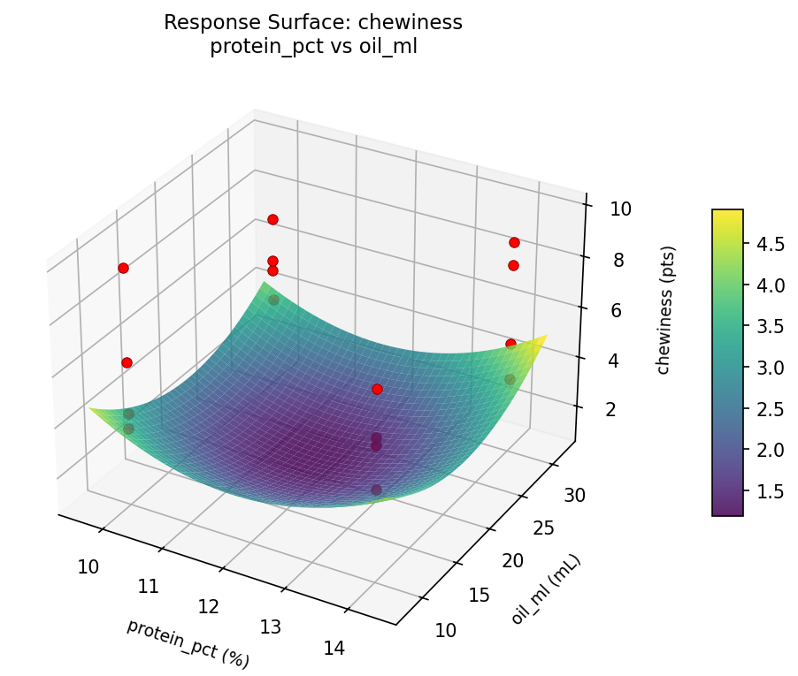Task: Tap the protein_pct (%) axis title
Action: (188, 642)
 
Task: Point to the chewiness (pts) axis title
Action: (663, 309)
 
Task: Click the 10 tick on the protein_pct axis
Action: (88, 566)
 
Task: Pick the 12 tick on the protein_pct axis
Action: (209, 607)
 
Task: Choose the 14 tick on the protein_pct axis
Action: (334, 648)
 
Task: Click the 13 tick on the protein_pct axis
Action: (271, 627)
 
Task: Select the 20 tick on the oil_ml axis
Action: (537, 561)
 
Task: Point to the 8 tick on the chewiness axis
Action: (619, 260)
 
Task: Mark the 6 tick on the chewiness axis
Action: (621, 310)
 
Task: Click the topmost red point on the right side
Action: (514, 242)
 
